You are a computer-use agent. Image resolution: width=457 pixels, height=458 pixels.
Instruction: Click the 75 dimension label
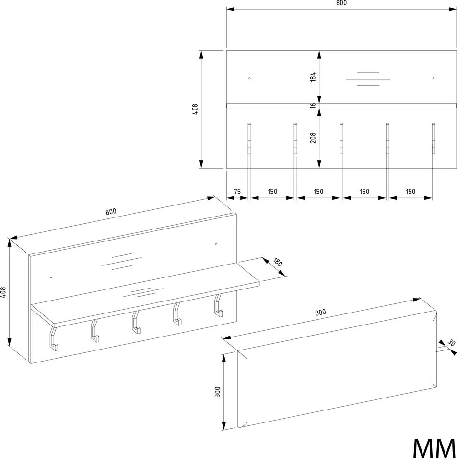point(237,192)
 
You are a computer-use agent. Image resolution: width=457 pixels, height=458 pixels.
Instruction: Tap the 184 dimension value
point(313,76)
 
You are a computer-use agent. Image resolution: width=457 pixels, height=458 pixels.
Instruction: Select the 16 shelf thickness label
point(313,106)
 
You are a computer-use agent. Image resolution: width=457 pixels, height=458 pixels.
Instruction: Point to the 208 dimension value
point(313,138)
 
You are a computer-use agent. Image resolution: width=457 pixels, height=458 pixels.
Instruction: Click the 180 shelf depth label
point(278,262)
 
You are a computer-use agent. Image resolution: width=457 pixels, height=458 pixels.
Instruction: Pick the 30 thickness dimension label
point(451,343)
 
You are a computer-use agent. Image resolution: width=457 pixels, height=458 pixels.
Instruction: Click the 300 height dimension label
point(217,392)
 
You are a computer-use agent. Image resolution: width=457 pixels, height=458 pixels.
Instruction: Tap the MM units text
point(434,448)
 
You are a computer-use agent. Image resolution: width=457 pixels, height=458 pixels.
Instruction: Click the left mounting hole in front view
point(249,78)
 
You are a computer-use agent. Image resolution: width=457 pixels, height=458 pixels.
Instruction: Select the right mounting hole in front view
point(434,78)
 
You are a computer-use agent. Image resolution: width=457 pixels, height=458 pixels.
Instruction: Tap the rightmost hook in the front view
point(434,138)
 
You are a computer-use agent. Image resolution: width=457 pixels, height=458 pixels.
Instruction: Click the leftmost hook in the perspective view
point(53,338)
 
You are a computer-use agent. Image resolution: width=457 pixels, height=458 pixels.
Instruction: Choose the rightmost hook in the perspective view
point(218,305)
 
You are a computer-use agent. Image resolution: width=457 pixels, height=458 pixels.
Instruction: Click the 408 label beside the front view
point(195,109)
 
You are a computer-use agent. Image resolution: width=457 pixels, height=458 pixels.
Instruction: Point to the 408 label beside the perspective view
point(3,292)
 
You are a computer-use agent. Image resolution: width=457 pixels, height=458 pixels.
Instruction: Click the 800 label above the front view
point(341,3)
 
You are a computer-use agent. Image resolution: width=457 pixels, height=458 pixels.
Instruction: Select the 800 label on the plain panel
point(320,312)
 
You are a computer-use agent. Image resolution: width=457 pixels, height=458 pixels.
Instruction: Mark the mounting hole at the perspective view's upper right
point(216,243)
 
